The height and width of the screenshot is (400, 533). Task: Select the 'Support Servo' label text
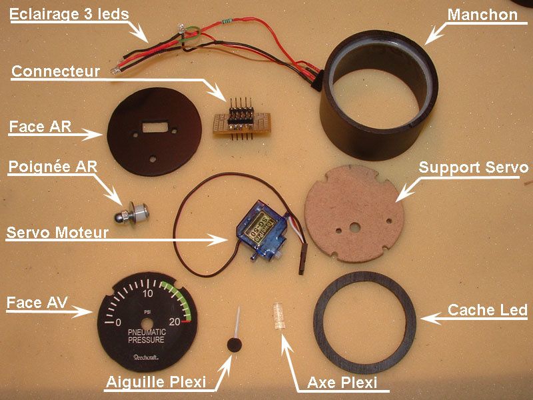point(473,166)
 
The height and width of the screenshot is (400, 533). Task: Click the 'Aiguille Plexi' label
point(155,382)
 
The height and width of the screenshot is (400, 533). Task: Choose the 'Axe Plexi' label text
point(342,383)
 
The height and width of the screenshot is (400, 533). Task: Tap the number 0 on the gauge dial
point(118,323)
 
